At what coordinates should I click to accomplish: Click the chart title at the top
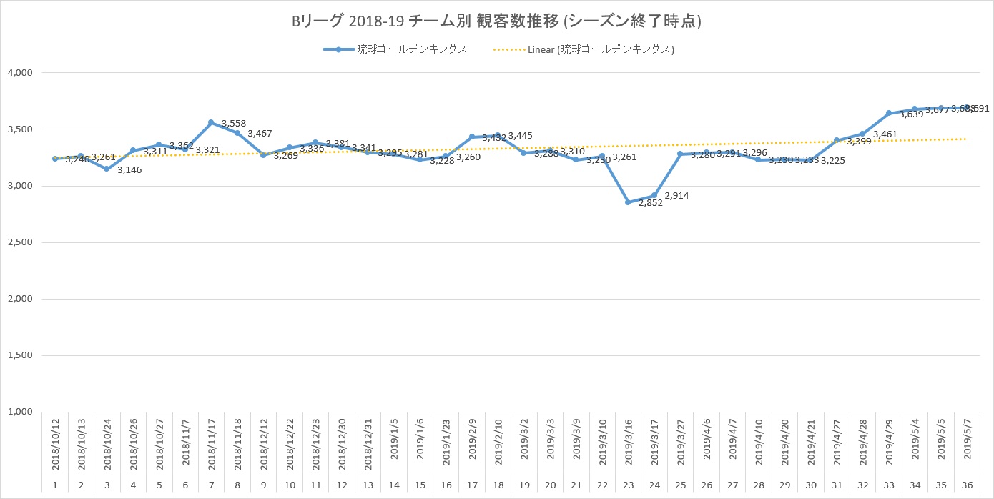point(497,22)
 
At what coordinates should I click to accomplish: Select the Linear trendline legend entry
point(584,49)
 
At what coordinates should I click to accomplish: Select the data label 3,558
point(234,124)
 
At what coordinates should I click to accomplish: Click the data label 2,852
point(651,202)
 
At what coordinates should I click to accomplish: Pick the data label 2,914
point(677,196)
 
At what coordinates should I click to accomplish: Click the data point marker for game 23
point(628,202)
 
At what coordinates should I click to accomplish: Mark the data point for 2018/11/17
point(211,122)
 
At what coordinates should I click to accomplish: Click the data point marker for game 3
point(107,169)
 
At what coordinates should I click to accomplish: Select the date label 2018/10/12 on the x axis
point(55,444)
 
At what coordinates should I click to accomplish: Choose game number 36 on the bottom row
point(967,485)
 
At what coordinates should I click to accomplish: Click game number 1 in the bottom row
point(55,485)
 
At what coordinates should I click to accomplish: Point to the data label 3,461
point(885,134)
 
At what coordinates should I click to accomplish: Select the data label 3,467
point(260,134)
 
